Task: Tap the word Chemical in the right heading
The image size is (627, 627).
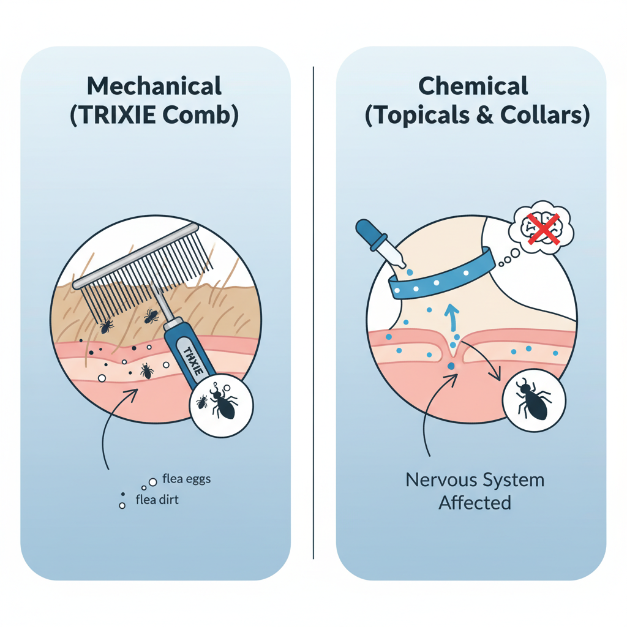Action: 473,86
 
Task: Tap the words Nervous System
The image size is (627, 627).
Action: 475,480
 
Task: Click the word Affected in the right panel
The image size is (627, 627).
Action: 475,503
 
